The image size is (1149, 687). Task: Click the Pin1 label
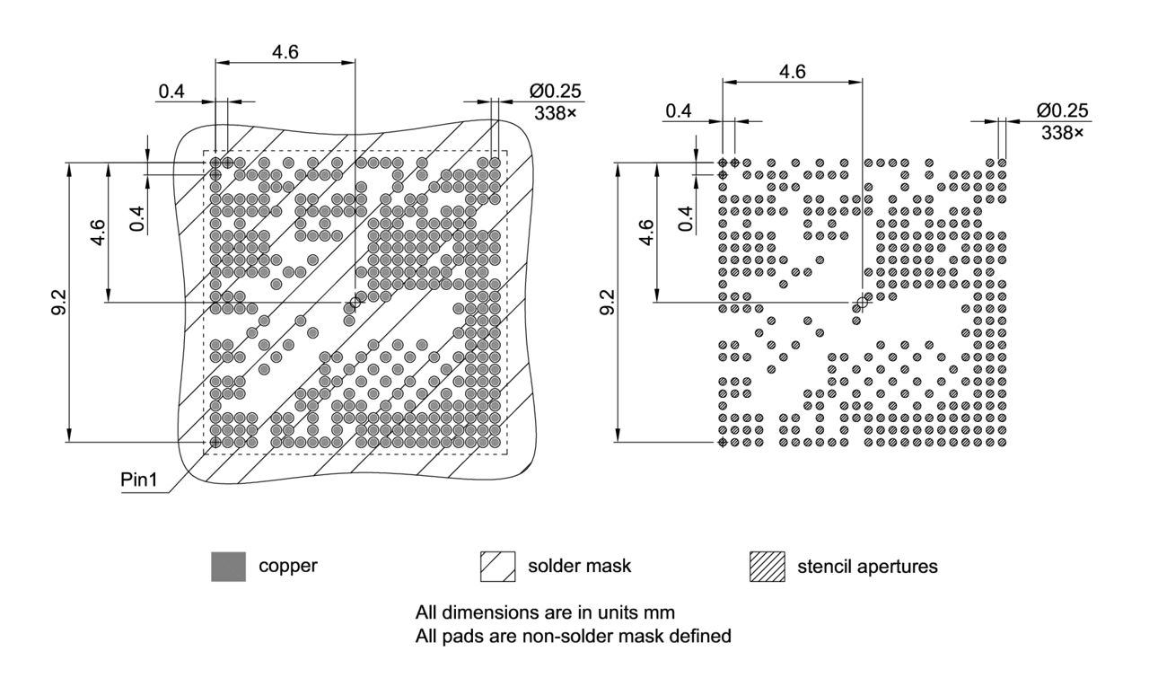[139, 480]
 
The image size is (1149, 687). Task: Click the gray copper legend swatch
[228, 567]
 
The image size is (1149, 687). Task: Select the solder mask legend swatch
[498, 567]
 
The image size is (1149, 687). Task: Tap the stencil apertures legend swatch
[767, 567]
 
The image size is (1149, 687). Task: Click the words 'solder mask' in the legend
[579, 567]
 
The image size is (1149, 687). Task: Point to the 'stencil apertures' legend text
[867, 567]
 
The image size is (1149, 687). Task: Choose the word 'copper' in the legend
[287, 567]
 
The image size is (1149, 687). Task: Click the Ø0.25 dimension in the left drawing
[555, 91]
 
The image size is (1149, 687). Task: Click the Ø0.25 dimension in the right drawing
[1062, 110]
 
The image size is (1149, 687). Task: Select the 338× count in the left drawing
[555, 114]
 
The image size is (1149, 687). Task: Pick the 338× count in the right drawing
[1062, 133]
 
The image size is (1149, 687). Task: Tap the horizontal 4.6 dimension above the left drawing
[285, 51]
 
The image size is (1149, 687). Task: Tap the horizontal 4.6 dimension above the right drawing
[793, 72]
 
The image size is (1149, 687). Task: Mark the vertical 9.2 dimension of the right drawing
[607, 303]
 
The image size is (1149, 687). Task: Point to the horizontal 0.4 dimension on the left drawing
[172, 91]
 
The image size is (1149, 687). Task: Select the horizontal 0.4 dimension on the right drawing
[679, 110]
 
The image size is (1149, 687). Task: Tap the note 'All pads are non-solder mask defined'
[573, 636]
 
